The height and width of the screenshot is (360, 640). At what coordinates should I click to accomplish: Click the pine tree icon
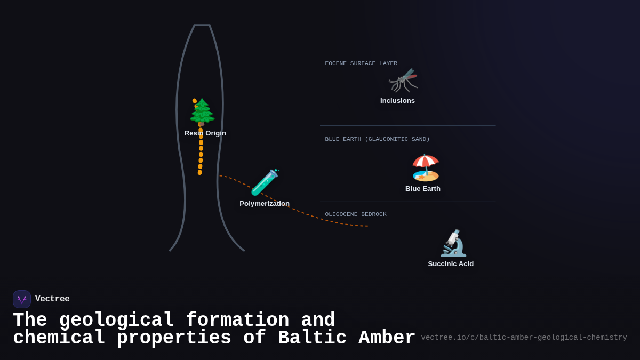202,113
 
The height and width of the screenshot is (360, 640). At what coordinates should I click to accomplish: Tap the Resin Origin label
205,133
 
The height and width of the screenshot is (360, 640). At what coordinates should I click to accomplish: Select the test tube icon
265,182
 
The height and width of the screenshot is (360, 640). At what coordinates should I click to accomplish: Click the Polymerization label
265,204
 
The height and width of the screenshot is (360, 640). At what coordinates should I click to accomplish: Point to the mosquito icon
403,80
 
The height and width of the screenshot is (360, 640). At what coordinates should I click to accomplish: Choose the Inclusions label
397,101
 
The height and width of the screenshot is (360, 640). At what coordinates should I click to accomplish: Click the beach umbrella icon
425,167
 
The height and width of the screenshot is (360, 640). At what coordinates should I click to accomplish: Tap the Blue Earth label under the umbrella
423,189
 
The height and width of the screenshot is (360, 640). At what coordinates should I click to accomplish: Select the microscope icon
453,243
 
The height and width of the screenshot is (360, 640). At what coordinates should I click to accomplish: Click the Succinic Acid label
451,264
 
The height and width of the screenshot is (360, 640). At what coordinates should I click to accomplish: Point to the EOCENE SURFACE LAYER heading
361,63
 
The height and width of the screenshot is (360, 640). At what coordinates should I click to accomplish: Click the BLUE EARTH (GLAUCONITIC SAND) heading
377,139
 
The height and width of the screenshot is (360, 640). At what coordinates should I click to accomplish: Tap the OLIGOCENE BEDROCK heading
356,214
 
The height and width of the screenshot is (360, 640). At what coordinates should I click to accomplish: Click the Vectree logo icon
22,299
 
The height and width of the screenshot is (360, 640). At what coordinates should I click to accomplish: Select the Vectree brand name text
52,299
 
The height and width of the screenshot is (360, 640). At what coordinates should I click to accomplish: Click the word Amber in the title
387,338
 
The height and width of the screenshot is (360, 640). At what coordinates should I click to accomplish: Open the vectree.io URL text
524,338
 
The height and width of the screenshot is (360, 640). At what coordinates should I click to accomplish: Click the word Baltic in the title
312,338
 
